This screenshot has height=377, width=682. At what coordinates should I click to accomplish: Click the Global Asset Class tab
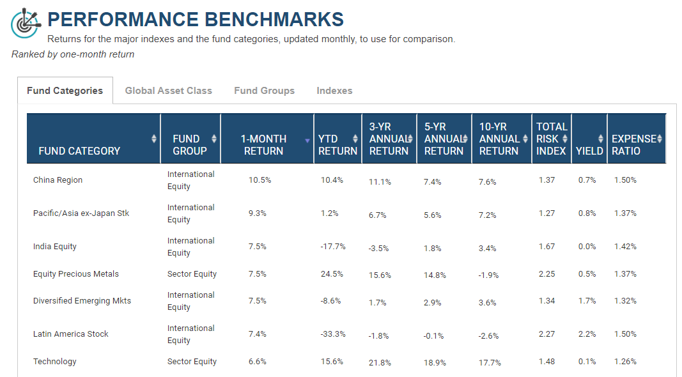tap(168, 91)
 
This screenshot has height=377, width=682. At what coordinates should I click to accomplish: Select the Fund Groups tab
tap(264, 91)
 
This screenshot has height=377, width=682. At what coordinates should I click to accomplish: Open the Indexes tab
tap(334, 91)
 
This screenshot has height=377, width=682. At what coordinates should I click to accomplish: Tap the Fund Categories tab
tap(65, 91)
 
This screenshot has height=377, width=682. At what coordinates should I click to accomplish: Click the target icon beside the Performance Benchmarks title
tap(26, 24)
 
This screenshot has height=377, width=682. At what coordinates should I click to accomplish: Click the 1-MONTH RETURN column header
tap(263, 145)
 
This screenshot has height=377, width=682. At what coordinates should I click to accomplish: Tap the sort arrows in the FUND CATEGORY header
tap(154, 139)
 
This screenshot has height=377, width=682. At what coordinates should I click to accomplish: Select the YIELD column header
tap(589, 150)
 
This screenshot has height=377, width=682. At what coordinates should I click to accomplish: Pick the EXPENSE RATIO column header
tap(633, 145)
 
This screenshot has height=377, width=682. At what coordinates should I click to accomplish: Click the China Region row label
tap(58, 180)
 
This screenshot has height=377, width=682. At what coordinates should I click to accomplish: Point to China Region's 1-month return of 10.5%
tap(260, 180)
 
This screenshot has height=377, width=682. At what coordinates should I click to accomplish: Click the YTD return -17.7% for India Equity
tap(333, 247)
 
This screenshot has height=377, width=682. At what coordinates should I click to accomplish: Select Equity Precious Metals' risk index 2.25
tap(546, 274)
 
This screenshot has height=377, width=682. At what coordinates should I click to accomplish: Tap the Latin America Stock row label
tap(70, 334)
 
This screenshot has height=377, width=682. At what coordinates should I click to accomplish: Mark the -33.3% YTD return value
tap(333, 334)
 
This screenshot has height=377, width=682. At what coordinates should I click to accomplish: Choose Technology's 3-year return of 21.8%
tap(380, 363)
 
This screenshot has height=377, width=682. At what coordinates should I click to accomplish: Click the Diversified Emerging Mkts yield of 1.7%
tap(587, 301)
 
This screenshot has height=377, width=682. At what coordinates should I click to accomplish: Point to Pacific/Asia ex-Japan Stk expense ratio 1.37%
tap(625, 213)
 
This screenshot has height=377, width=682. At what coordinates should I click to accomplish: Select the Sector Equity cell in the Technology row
tap(192, 362)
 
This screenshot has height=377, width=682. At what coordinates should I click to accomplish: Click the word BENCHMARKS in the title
tap(274, 20)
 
